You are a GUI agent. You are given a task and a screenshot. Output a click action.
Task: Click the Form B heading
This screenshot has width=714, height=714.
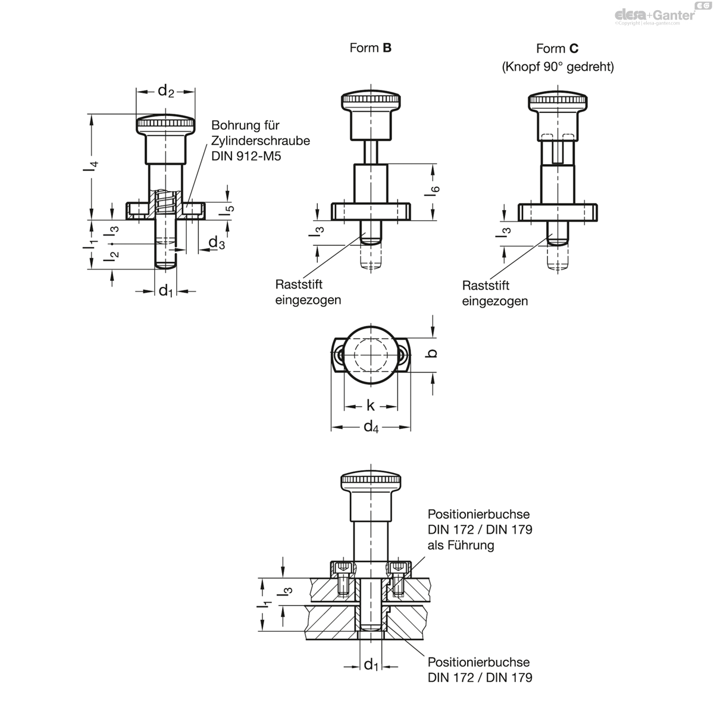pos(370,48)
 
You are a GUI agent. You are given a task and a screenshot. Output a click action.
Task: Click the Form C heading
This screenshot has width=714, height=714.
pos(557,49)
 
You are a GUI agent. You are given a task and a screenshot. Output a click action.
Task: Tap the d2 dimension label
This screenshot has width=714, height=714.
pos(165,91)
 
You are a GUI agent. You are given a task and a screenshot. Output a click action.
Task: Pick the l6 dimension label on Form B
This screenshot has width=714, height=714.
pos(433,191)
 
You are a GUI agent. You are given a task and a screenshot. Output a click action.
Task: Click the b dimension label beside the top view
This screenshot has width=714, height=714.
pos(431,353)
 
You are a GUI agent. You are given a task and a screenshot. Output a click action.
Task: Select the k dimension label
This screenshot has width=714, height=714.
pos(371,406)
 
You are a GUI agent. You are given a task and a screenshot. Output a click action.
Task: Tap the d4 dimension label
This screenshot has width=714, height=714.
pos(371,427)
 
